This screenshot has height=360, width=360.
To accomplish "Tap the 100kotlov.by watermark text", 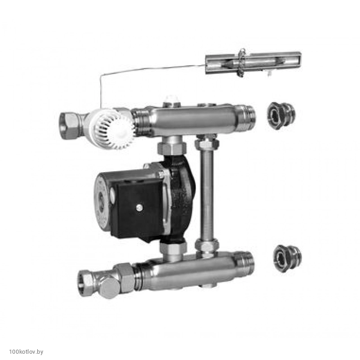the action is click(26, 352).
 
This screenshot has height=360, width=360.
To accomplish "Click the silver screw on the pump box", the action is click(139, 208).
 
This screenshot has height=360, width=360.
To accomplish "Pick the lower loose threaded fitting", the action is click(288, 258).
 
